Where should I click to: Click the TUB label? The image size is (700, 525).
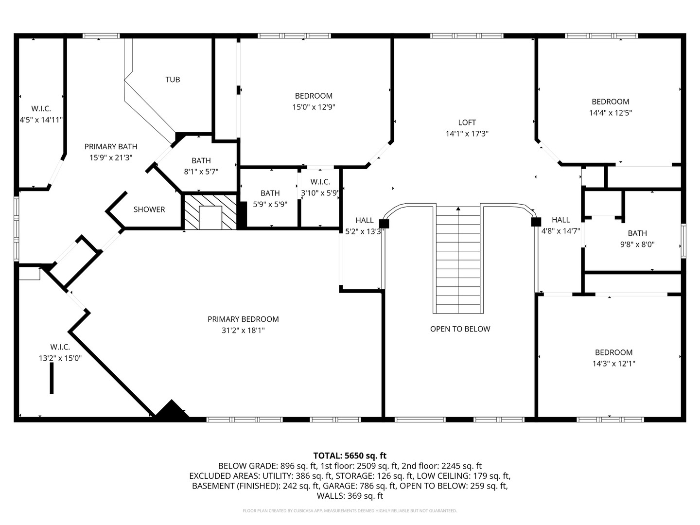point(173,79)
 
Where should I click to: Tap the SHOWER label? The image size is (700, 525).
point(149,210)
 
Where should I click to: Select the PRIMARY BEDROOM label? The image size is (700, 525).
point(243,319)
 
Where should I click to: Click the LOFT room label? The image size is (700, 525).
point(467,122)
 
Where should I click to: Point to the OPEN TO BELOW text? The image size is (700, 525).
point(460,329)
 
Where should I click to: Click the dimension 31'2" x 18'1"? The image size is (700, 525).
point(243,331)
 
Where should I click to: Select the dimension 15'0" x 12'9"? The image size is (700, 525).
point(314,107)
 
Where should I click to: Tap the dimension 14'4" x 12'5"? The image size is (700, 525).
point(610,113)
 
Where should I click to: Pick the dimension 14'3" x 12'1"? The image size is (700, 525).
point(613,364)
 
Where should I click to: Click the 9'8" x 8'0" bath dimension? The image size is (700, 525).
point(637,245)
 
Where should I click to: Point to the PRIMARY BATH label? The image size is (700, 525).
point(111,146)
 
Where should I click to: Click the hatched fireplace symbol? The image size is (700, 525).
point(210,212)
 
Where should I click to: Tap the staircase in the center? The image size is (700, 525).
point(458,260)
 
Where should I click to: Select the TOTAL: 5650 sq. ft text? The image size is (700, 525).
point(350,455)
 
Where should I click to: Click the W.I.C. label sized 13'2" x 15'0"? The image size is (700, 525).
point(60,347)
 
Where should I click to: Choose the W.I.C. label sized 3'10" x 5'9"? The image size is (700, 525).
point(320,182)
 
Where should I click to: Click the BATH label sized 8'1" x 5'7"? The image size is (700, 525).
point(201,160)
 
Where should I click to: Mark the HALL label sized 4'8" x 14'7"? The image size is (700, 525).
point(560,220)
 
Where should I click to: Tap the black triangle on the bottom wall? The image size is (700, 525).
point(171,411)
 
